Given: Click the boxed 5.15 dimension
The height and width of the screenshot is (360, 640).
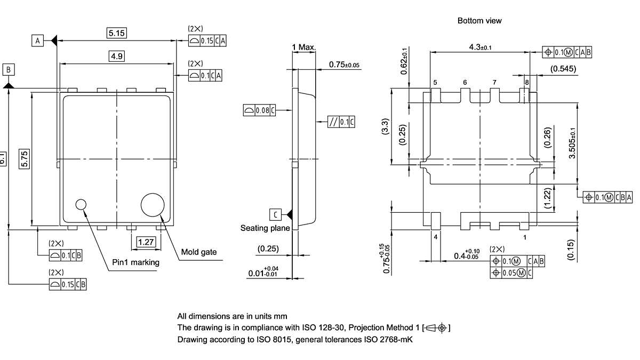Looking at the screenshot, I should point(117,33).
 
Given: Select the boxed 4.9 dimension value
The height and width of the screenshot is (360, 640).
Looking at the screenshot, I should point(117,56).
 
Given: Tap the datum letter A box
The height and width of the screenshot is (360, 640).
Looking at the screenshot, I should point(37,41).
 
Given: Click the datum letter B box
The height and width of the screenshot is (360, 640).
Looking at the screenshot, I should point(9,70).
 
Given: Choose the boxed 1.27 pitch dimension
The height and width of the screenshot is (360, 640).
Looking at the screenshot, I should point(146,243).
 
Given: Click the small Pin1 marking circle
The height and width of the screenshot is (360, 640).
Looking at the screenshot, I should point(81,204).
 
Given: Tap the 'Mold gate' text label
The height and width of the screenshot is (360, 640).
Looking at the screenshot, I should point(199,252).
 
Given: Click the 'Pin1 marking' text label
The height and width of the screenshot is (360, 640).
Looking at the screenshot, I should point(135,262).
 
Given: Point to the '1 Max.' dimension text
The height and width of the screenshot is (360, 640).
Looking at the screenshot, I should point(304,47).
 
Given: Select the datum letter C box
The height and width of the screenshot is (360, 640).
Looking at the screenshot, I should point(275,214).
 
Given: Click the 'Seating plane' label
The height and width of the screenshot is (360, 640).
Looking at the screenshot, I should point(265,228).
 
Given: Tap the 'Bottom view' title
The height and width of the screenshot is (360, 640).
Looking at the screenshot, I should point(479,21).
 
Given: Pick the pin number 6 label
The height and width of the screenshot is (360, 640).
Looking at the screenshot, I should point(465,83).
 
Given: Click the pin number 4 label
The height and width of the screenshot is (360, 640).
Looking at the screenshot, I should point(436,236).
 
